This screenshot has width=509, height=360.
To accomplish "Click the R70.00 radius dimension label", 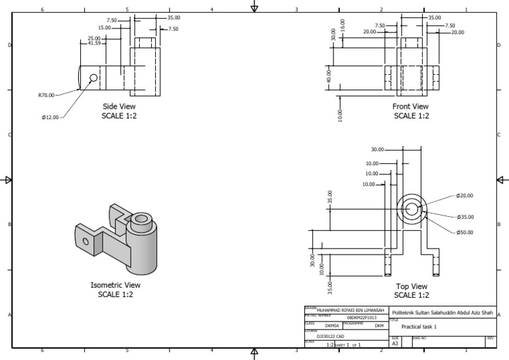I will click(46, 95).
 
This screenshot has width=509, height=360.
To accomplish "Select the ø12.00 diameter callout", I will click(50, 117).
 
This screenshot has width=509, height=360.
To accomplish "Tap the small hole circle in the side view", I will click(93, 78).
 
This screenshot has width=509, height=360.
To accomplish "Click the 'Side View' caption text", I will click(119, 106).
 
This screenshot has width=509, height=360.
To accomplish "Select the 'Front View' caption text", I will click(411, 106).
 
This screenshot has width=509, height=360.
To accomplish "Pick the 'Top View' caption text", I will click(411, 286).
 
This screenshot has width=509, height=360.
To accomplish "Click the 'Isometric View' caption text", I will click(115, 285).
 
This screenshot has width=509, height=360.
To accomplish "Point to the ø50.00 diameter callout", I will click(465, 232).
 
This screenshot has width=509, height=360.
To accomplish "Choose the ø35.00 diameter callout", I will click(465, 217).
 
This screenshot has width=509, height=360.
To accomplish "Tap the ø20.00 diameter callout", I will click(465, 196).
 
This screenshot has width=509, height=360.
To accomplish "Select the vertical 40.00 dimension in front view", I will click(328, 76).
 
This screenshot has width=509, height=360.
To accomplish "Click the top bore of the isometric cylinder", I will click(141, 218).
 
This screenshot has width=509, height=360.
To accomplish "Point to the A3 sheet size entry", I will click(396, 344).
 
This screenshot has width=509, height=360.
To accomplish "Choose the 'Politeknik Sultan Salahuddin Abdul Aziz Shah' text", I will click(443, 312).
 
